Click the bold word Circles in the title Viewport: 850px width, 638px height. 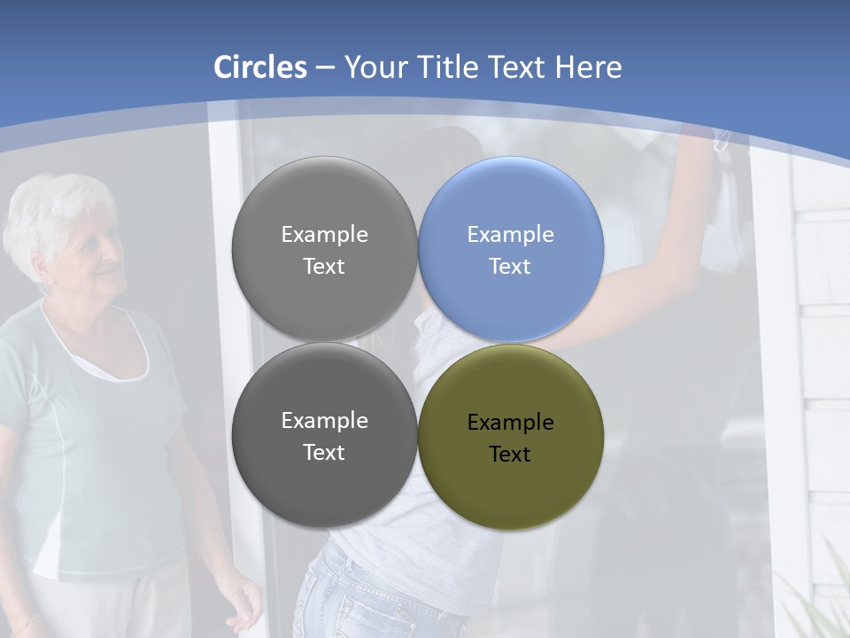[260, 67]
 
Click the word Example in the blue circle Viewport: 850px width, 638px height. [510, 235]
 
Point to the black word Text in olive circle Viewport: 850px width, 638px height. [510, 455]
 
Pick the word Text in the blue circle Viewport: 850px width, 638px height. [510, 267]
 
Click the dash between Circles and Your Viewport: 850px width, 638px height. [324, 67]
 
